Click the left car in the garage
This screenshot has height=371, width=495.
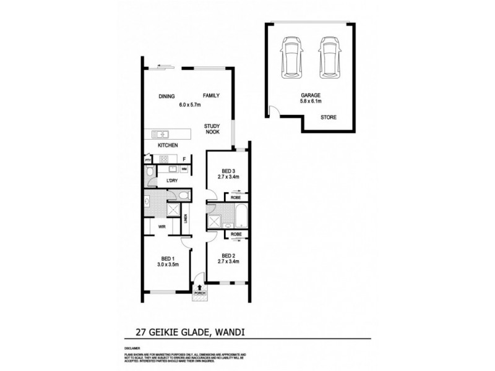290,58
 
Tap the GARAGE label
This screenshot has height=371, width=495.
310,95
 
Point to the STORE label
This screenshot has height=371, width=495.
329,117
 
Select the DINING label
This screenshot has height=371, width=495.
167,96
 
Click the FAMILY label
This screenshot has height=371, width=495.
211,96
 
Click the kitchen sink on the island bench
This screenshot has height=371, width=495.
161,134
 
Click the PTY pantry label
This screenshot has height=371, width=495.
148,160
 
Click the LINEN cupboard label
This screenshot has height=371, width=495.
186,221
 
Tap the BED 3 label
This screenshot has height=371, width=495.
228,171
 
